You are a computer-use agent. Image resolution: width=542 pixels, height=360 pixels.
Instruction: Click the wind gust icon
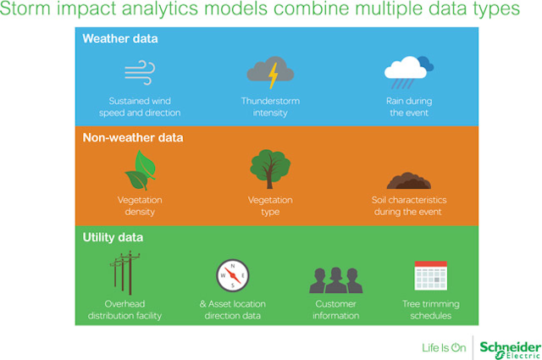point(140,73)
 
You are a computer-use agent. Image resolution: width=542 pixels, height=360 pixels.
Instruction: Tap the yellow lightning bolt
point(274,75)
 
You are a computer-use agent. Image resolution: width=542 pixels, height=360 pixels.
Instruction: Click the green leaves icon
point(141,170)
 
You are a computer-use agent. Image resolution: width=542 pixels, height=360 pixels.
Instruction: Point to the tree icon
point(270,169)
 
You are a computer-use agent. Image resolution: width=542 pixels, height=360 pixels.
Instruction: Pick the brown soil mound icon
point(408,180)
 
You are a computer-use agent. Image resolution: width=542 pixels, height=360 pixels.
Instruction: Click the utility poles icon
point(125,273)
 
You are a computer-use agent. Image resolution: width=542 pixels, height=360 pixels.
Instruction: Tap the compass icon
point(233,275)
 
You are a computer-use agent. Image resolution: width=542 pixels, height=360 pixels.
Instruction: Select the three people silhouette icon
point(335,280)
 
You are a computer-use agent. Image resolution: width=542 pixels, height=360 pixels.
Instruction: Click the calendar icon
point(431,275)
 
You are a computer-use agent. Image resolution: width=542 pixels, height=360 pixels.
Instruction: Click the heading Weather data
point(120,39)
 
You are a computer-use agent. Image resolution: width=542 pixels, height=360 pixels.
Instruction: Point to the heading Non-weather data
point(133,137)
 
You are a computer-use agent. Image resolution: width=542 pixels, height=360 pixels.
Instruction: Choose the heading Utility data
point(113,237)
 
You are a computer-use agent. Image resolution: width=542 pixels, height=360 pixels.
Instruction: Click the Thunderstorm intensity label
point(270,107)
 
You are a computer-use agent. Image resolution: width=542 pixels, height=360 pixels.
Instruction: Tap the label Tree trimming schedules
point(431,310)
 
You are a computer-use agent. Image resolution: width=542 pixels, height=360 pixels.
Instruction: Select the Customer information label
point(335,310)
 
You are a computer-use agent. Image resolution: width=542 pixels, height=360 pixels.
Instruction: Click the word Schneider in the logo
point(511,346)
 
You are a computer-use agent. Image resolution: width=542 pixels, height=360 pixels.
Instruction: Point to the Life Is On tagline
point(444,347)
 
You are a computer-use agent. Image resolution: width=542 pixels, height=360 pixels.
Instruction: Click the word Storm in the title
point(25,8)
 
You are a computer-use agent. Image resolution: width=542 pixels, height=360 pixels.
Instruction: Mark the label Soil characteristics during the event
point(408,206)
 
